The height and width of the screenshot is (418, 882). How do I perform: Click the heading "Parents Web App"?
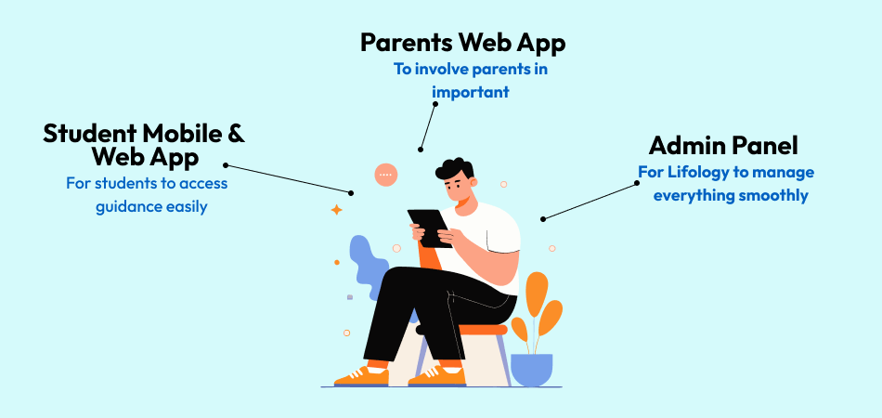point(462,44)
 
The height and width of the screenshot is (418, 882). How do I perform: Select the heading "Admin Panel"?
point(723,146)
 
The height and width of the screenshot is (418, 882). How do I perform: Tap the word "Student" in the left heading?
point(89,134)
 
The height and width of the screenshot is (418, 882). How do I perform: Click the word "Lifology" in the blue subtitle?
point(695,172)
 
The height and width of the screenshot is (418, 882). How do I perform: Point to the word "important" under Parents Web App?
point(471,92)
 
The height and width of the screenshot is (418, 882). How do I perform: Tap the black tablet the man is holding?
point(430,229)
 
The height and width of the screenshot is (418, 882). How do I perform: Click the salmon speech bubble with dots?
point(386,175)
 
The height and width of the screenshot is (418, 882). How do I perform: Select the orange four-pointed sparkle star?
point(336,210)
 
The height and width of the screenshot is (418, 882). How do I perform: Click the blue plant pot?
point(532,370)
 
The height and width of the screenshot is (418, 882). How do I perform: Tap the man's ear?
point(473,182)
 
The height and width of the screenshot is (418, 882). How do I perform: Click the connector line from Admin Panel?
point(590,201)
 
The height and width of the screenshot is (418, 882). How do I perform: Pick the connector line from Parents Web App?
point(427,126)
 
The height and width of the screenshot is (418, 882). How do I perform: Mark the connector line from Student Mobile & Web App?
point(288,179)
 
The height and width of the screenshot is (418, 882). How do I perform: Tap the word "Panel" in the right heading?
point(765,146)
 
